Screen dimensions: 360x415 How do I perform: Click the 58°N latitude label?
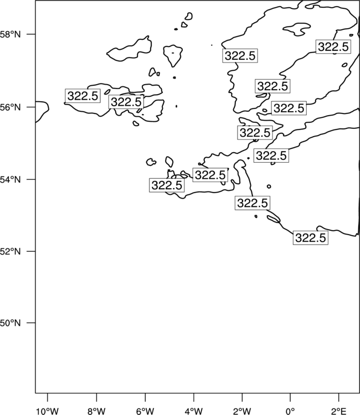(x=10, y=34)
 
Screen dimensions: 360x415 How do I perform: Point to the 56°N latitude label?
(x=10, y=107)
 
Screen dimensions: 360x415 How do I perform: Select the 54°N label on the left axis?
(x=10, y=180)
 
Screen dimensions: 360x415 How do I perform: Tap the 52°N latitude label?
(x=10, y=251)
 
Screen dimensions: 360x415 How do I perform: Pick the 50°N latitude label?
(x=10, y=323)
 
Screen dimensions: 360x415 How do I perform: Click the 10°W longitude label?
(x=48, y=411)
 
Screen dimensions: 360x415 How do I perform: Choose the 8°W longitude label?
(x=96, y=411)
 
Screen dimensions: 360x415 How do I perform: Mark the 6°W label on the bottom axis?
(x=145, y=411)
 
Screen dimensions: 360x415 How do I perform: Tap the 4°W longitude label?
(x=194, y=411)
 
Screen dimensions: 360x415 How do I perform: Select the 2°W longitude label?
(x=242, y=411)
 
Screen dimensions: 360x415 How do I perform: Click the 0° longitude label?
(x=290, y=411)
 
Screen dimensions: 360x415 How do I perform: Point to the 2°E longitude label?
(x=339, y=411)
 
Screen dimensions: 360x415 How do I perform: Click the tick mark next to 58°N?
(x=31, y=34)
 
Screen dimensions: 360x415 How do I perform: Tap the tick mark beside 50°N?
(x=31, y=323)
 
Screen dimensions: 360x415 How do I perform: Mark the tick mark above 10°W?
(x=48, y=397)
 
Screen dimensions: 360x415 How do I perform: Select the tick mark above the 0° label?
(x=290, y=397)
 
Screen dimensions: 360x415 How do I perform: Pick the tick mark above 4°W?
(x=194, y=397)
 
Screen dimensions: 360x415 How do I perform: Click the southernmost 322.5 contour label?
(x=311, y=238)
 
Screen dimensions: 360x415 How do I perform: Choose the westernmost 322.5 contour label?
(x=83, y=96)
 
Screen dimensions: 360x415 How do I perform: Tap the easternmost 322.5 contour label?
(x=333, y=47)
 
